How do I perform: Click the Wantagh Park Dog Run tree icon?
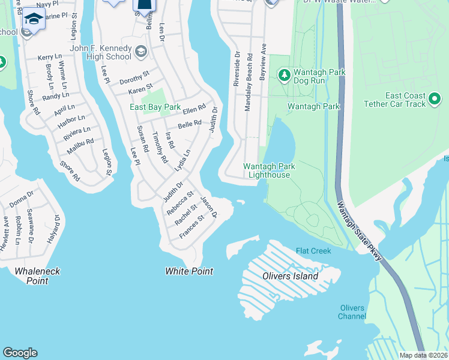click(x=284, y=75)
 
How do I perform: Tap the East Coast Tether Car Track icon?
click(x=435, y=97)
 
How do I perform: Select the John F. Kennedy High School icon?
click(x=140, y=51)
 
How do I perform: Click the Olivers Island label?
click(x=290, y=277)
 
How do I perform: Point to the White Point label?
click(x=189, y=271)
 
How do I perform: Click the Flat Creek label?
click(x=313, y=251)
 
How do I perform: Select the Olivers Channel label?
click(x=352, y=312)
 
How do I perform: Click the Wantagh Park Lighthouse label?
click(x=267, y=170)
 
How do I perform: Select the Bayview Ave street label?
click(x=262, y=62)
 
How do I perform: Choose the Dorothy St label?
click(x=134, y=79)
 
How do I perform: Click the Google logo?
click(x=20, y=353)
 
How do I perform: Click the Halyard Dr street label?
click(x=57, y=229)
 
